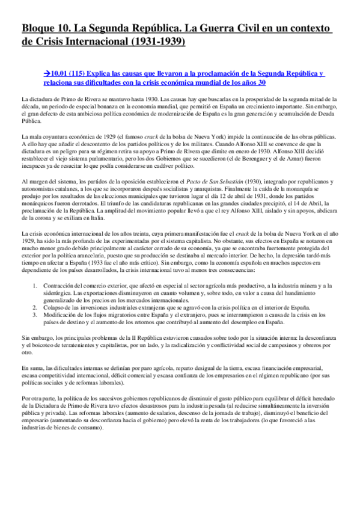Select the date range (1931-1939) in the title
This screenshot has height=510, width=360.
[153, 43]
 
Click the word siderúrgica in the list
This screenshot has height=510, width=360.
[58, 293]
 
